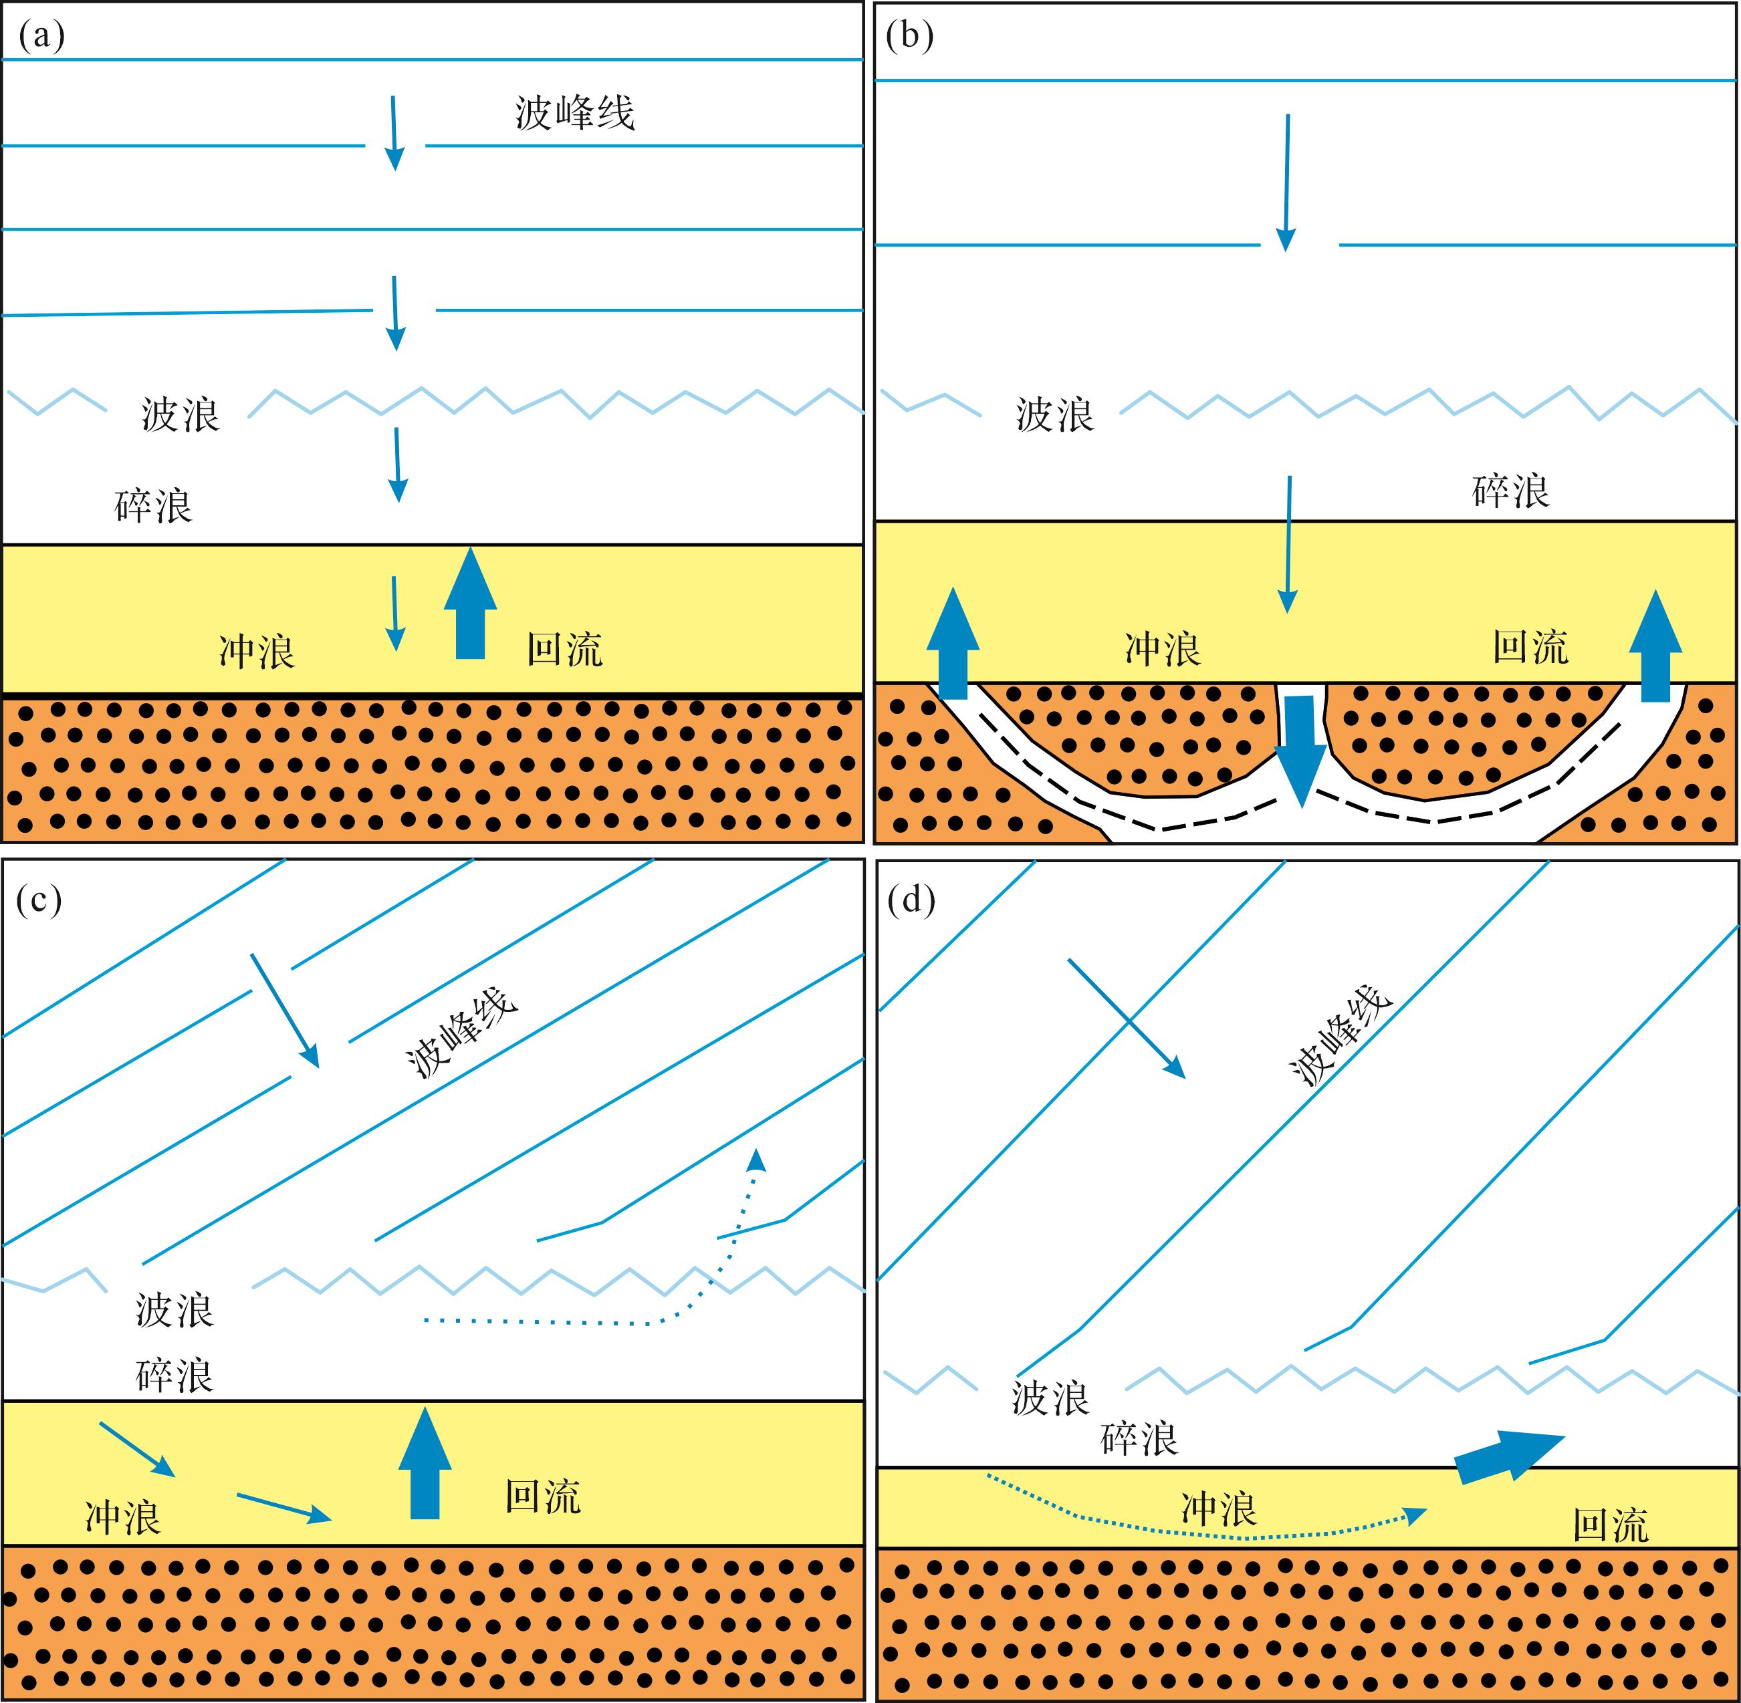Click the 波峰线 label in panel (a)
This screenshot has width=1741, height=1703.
(x=574, y=114)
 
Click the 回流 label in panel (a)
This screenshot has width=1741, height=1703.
(x=564, y=650)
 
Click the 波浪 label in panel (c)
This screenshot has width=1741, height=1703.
(x=175, y=1311)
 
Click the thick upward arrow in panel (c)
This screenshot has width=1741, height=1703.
(x=425, y=1463)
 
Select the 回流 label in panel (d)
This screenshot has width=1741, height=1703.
(x=1611, y=1526)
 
